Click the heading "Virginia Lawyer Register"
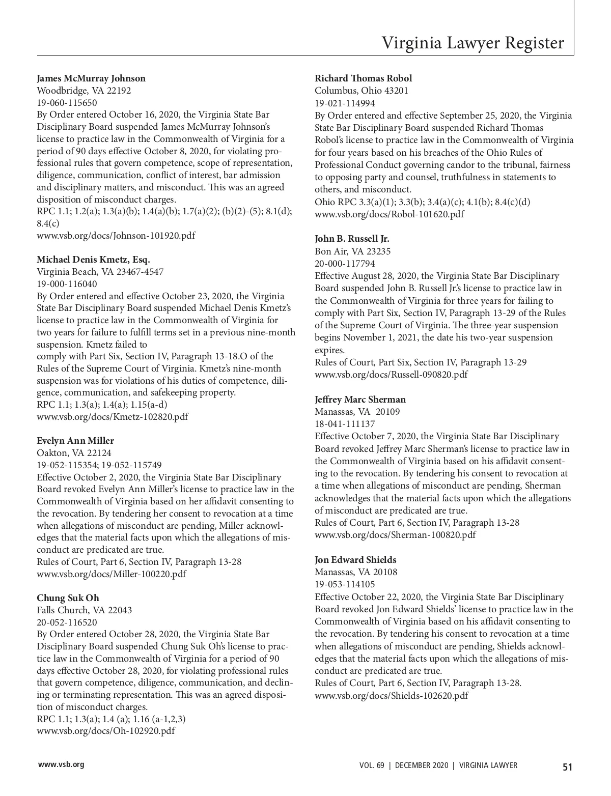point(473,43)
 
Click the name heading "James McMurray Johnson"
point(91,78)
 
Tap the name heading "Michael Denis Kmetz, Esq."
point(93,260)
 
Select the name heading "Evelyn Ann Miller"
point(75,441)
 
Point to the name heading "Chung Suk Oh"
point(68,598)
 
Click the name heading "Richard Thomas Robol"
point(363,78)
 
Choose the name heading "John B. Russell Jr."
point(352,239)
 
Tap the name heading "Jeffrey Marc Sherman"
point(360,400)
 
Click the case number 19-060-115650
point(67,103)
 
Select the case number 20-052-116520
point(67,622)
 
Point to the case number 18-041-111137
point(345,424)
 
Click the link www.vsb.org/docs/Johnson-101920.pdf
point(116,236)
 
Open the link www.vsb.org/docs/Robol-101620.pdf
point(389,214)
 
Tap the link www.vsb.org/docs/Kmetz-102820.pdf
point(112,417)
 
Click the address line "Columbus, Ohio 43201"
point(361,91)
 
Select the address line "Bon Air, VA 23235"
point(352,251)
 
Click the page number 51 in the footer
point(567,767)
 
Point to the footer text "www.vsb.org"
point(61,764)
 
